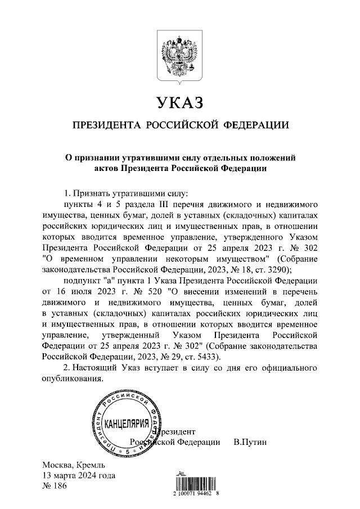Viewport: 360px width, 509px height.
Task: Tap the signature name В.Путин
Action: [250, 442]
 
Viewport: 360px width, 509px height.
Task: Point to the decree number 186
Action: [59, 487]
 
